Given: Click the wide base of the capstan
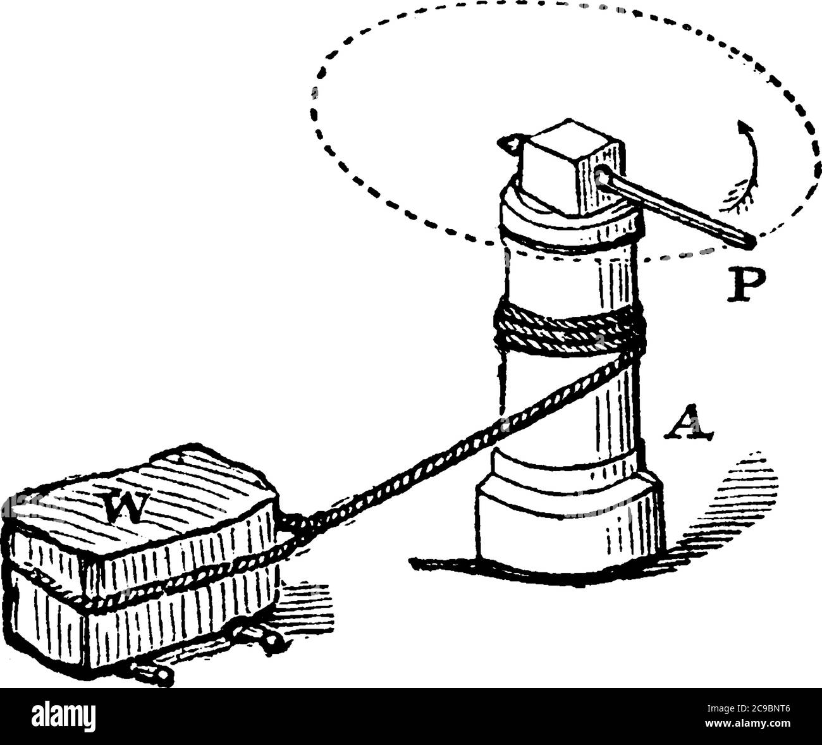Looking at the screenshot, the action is pyautogui.click(x=570, y=529).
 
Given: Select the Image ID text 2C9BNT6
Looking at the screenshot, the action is pyautogui.click(x=748, y=708).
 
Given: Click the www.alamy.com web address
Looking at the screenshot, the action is pyautogui.click(x=748, y=723).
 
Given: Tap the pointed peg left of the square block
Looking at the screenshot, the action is pyautogui.click(x=510, y=144).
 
